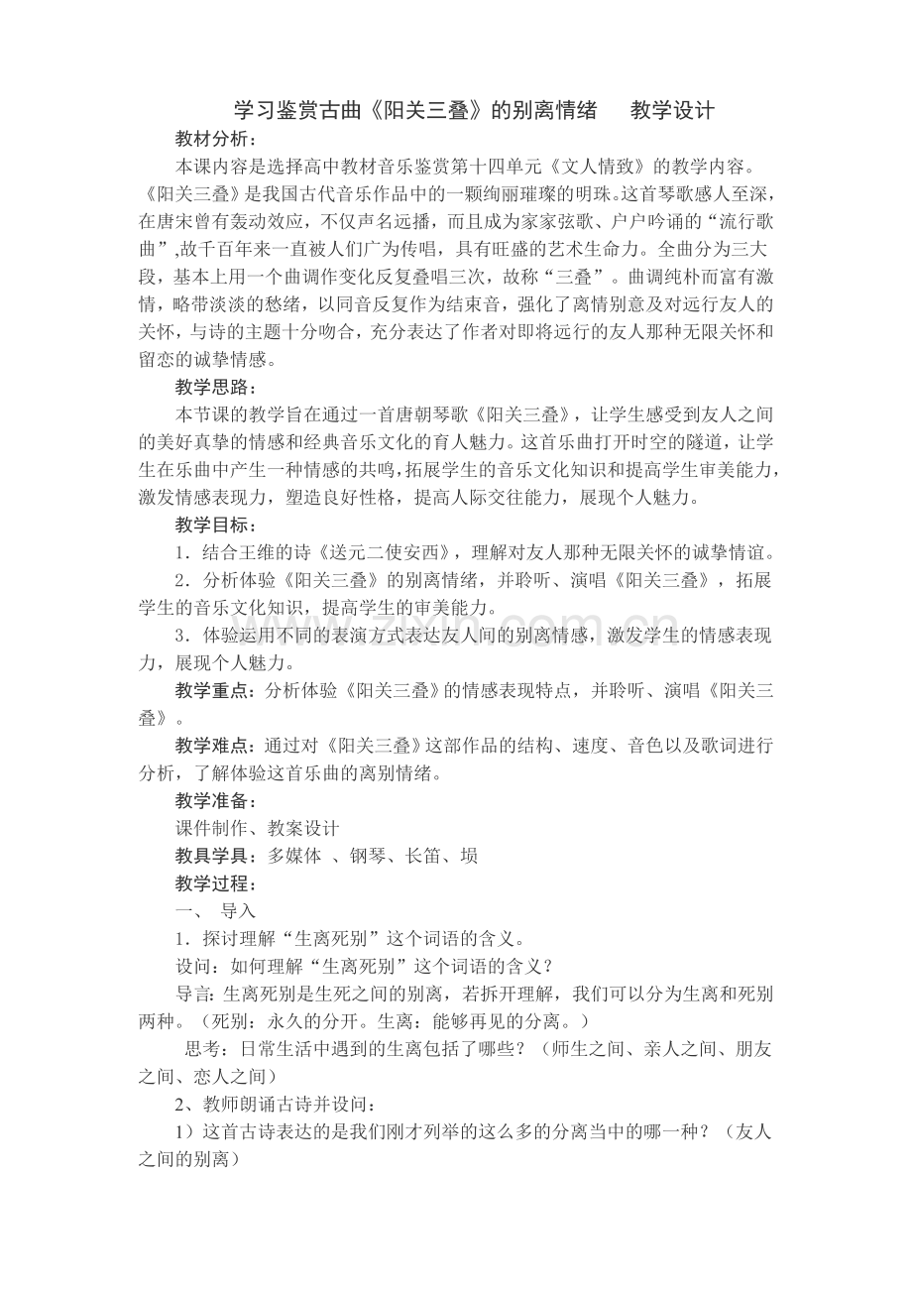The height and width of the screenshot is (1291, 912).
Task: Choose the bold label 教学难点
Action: (210, 746)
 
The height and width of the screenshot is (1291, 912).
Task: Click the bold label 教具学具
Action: (210, 856)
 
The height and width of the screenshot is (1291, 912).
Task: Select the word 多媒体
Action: (294, 856)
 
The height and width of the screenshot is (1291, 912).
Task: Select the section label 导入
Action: (238, 910)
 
